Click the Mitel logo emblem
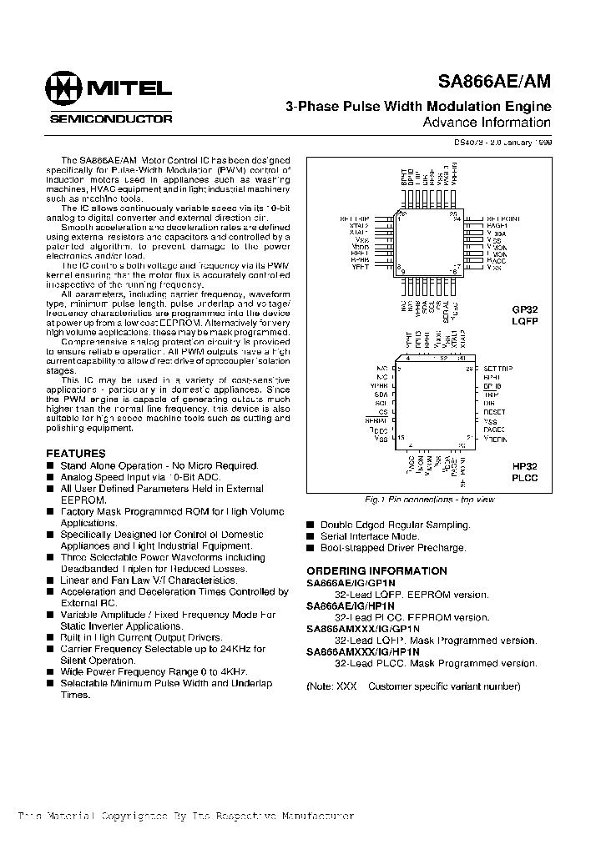[x=63, y=88]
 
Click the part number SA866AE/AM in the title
[x=494, y=82]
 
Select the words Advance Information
[x=487, y=123]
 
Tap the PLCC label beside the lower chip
[x=524, y=479]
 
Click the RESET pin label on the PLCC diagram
[x=495, y=412]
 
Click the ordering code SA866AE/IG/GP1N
[x=351, y=583]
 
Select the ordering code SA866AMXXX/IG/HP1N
[x=363, y=652]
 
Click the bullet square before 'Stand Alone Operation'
[x=50, y=466]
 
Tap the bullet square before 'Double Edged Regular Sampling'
[x=311, y=525]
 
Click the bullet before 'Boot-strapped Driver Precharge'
[x=311, y=549]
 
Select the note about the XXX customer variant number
[x=413, y=686]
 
